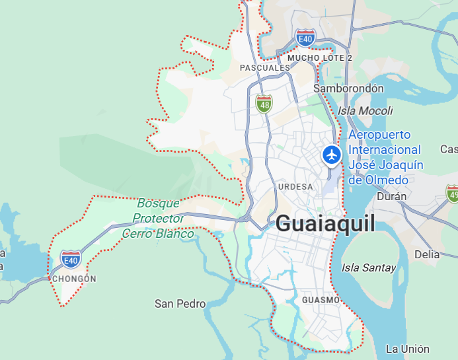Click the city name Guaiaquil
pos(325,223)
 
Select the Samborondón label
pos(348,89)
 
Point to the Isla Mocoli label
pos(365,111)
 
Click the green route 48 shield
pos(264,103)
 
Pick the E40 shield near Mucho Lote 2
pos(305,38)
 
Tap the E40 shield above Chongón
pos(70,258)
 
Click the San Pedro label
pos(180,304)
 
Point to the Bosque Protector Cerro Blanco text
pos(159,219)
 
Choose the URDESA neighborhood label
pos(295,187)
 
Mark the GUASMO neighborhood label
pos(321,301)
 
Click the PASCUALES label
pos(264,67)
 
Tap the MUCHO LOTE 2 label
pos(320,58)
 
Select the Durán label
pos(391,196)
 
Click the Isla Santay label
pos(369,268)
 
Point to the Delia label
pos(426,254)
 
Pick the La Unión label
pos(408,349)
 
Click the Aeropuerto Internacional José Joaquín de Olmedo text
pos(386,157)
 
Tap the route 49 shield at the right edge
pos(453,194)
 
